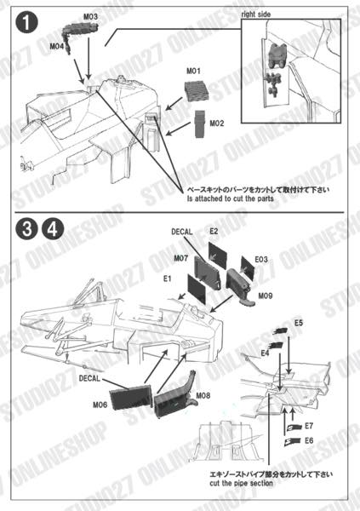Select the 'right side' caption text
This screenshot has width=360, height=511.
[x=260, y=15]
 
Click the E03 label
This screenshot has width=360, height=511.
[x=262, y=257]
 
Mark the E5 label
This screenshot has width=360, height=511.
[x=299, y=324]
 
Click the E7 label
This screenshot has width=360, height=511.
[x=309, y=424]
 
